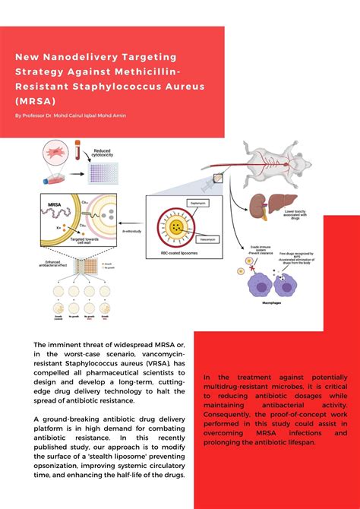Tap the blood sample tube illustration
(x=78, y=153)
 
